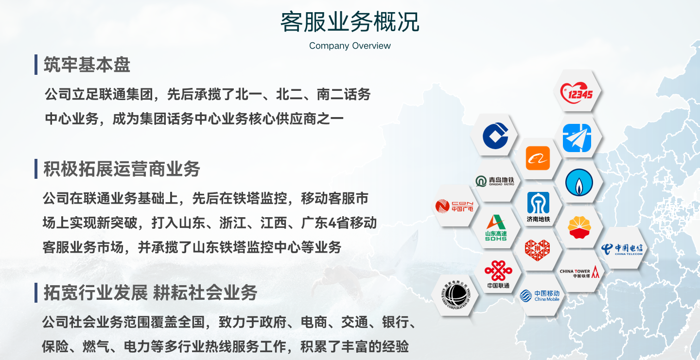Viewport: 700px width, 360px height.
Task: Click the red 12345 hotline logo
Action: click(577, 93)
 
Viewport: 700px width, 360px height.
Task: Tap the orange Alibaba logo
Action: click(538, 158)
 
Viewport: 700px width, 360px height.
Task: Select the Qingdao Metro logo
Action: click(495, 181)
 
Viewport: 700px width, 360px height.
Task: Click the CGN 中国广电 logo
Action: click(454, 206)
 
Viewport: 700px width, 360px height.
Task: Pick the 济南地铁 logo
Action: click(538, 207)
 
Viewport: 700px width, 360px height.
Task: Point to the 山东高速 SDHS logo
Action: click(496, 228)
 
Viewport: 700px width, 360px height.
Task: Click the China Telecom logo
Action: click(622, 249)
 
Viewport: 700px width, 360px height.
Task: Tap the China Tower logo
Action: click(579, 272)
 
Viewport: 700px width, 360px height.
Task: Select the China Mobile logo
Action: click(540, 296)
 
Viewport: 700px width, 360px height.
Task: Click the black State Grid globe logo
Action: click(455, 295)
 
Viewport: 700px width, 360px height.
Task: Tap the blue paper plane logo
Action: click(577, 138)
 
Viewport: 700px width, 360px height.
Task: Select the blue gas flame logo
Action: click(579, 182)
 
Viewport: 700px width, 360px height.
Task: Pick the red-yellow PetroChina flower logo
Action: click(579, 227)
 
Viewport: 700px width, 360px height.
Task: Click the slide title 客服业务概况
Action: click(350, 22)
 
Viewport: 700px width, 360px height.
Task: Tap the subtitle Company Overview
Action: click(350, 46)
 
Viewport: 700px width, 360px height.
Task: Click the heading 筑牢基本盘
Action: click(87, 65)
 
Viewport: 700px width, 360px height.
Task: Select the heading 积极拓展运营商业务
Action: click(122, 169)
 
